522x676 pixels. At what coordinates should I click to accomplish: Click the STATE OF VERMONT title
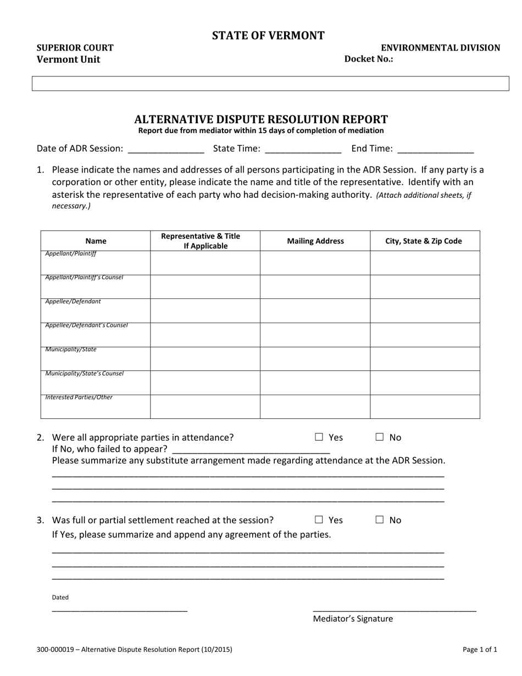tap(268, 36)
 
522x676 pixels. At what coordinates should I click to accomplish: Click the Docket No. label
tap(368, 59)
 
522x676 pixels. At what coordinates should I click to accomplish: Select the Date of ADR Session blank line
tap(165, 149)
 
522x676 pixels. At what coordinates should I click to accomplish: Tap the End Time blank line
tap(435, 149)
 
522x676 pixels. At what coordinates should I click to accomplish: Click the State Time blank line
tap(303, 149)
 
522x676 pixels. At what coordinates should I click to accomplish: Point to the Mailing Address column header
tap(315, 241)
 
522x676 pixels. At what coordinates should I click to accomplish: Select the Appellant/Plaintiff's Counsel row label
tap(85, 278)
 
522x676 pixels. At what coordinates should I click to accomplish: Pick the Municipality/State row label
tap(71, 350)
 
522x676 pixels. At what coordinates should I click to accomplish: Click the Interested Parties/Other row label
tap(79, 397)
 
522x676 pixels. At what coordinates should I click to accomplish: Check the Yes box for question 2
tap(319, 437)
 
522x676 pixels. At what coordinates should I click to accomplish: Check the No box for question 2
tap(380, 437)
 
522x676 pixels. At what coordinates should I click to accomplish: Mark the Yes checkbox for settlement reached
tap(319, 520)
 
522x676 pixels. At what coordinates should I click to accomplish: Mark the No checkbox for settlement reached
tap(380, 520)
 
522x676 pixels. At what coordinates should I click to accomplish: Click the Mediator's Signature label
tap(353, 619)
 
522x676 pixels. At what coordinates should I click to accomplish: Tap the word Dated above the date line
tap(60, 597)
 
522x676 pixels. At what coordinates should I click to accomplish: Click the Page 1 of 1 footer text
tap(480, 650)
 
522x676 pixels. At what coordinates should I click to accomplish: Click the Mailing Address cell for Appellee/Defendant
tap(315, 311)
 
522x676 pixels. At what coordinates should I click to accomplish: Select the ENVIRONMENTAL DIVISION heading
tap(441, 48)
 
